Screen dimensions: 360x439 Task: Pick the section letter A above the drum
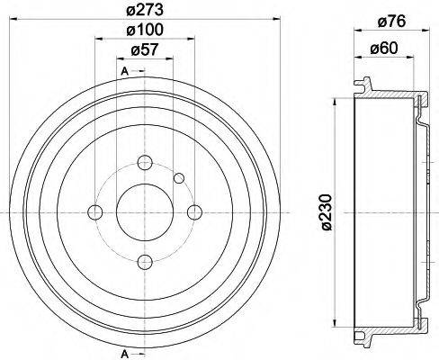[124, 70]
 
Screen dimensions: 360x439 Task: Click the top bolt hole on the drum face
[144, 163]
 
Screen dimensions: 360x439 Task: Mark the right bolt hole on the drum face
[193, 211]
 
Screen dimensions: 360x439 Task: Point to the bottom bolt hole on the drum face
[144, 261]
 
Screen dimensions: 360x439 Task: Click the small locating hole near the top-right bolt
[179, 177]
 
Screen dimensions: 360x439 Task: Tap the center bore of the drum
[144, 211]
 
